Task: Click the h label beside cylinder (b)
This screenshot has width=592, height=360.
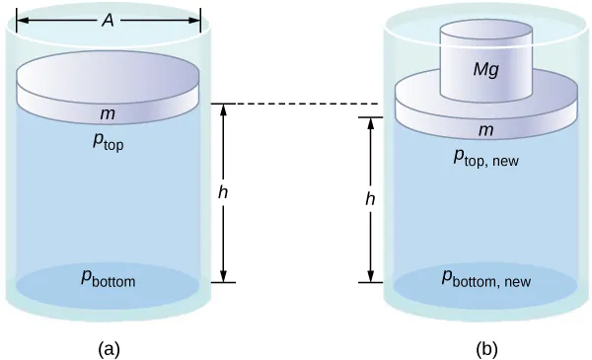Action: coord(370,199)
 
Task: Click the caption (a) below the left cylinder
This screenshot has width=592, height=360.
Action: coord(109,347)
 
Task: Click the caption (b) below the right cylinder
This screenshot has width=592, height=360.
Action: coord(485,347)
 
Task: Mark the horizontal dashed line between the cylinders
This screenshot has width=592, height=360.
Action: coord(296,104)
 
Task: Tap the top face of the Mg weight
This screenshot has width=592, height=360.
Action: coord(485,32)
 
